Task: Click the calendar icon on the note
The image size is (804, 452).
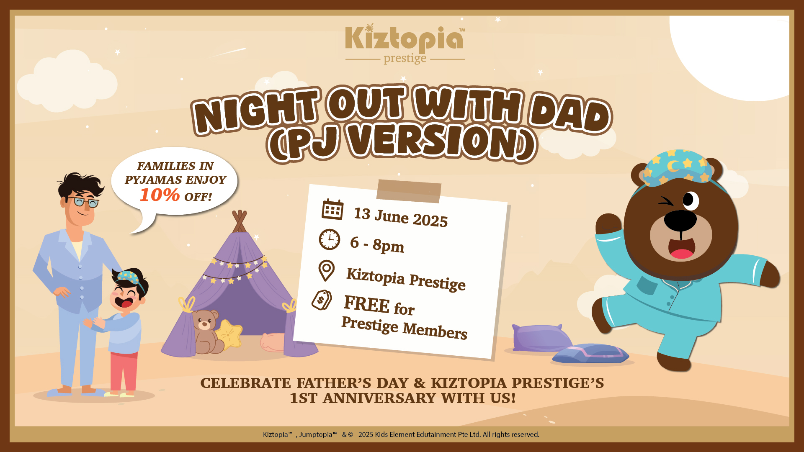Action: tap(332, 209)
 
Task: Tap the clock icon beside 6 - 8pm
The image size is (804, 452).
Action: tap(330, 239)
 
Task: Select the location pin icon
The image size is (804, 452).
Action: tap(326, 270)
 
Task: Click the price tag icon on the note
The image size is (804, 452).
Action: tap(322, 300)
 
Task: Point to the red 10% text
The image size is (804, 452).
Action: tap(160, 195)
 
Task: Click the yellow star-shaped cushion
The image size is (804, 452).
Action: tap(229, 334)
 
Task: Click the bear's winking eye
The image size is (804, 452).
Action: tap(665, 202)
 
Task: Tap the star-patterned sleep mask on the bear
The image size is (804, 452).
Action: tap(677, 167)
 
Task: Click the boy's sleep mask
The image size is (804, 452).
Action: tap(130, 277)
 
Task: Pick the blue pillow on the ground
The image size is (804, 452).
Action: tap(591, 354)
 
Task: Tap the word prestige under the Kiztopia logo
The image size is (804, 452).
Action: tap(405, 58)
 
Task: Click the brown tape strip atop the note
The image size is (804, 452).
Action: tap(409, 191)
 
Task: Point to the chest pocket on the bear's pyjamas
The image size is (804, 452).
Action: tap(647, 285)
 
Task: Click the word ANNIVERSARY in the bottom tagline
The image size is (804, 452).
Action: tap(380, 398)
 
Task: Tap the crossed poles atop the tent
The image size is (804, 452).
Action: tap(240, 221)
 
